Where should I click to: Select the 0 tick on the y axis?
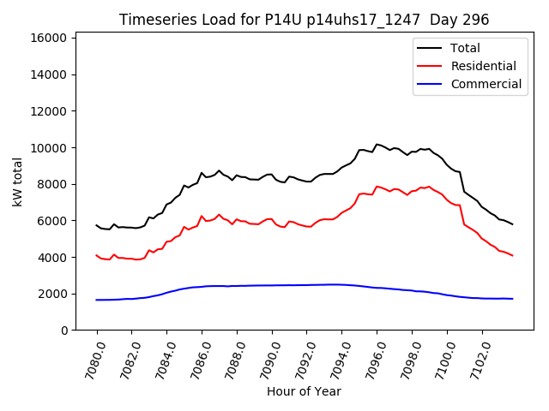pos(64,330)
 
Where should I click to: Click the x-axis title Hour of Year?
pos(304,391)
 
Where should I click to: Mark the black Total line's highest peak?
pos(377,144)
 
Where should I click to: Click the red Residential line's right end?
pos(512,255)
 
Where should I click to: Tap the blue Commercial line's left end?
pos(97,300)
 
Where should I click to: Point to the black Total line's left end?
pos(97,225)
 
